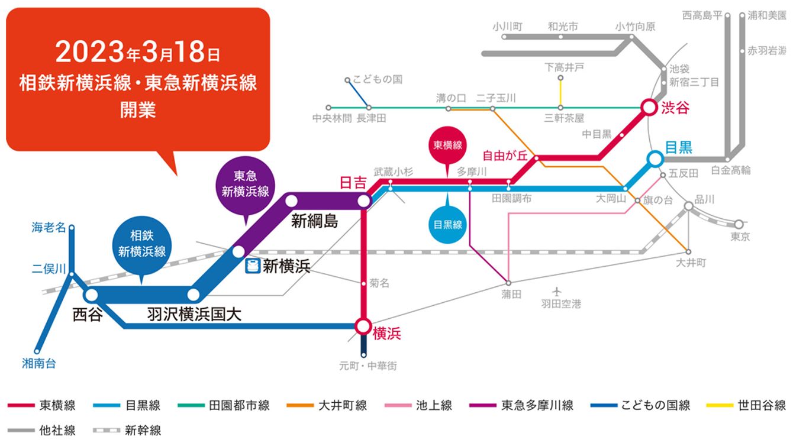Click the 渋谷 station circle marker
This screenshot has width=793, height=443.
coord(649,108)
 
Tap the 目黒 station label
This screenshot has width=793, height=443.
coord(678,147)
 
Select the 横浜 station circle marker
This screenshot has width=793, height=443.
coord(363,326)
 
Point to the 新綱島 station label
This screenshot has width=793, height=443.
coord(314,222)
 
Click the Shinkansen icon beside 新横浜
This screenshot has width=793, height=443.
coord(253,266)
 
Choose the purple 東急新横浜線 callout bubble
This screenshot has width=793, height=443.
coord(243,184)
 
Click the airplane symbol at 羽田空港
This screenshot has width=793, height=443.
coord(556,292)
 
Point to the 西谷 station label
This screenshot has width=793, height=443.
coord(88,315)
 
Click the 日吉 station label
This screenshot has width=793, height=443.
coord(353,183)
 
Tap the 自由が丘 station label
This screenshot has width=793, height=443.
coord(504,156)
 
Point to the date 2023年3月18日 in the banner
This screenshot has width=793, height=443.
coord(138,53)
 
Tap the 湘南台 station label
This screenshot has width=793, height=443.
coord(39,364)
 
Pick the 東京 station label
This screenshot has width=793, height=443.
coord(740,237)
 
